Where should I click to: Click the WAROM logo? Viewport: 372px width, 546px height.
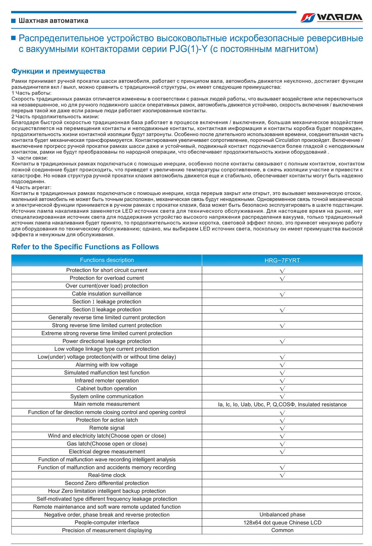(332, 18)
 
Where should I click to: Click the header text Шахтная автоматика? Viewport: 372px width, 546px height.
(53, 21)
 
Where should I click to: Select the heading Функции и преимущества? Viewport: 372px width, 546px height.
(58, 71)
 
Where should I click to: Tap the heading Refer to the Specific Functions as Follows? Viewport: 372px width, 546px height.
(85, 247)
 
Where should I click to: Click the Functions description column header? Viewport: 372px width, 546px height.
(107, 260)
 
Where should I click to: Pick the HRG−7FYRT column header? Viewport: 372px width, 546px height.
(282, 261)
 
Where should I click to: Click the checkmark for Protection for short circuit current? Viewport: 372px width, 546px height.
(282, 270)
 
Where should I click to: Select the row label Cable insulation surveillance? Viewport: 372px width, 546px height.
(107, 294)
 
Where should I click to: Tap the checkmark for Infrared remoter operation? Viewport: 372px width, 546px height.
(282, 381)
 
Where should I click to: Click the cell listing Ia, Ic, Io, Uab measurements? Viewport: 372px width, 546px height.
(282, 405)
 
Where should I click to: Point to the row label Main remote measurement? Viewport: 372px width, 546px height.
(107, 404)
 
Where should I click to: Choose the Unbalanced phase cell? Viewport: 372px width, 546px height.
(282, 515)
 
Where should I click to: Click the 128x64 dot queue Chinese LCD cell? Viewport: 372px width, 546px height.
(282, 523)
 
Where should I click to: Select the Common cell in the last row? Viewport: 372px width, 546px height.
(282, 530)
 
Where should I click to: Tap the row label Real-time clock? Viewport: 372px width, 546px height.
(107, 475)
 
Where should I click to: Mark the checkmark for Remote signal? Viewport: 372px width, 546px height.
(282, 428)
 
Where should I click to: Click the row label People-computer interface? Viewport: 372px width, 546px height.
(107, 523)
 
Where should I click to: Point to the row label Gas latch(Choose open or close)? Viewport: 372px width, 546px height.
(107, 444)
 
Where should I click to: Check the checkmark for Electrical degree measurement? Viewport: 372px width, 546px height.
(282, 452)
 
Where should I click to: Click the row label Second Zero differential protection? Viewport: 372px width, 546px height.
(107, 483)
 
